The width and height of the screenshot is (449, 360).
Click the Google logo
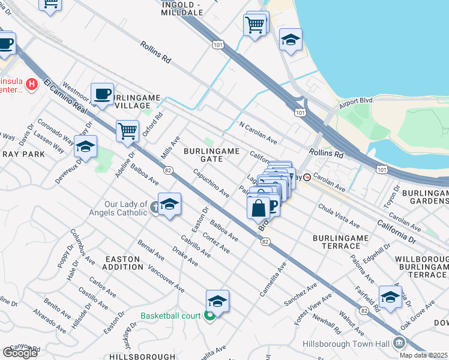[x=20, y=352]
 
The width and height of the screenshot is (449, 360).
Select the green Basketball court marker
[x=209, y=316]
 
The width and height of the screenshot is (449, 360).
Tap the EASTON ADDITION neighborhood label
[x=122, y=262]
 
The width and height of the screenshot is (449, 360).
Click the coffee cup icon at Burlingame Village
[x=103, y=94]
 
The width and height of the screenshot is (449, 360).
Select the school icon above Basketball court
[x=217, y=301]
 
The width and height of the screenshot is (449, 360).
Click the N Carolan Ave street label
[x=258, y=133]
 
